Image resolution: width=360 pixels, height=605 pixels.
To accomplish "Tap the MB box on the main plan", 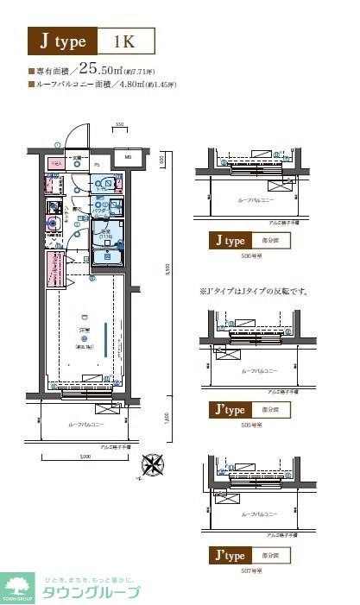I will point(127,157).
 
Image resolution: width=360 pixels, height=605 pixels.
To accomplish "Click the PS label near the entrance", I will point(97,162).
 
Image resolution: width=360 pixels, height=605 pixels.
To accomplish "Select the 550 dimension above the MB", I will point(120,126).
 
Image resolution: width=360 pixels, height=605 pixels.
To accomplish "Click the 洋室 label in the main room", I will point(85,331).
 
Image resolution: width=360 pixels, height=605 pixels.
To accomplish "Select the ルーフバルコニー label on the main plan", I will point(85,425).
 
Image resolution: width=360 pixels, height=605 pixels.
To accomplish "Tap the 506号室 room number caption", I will point(250,256).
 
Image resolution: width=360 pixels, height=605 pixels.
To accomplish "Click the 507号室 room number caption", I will point(250,570).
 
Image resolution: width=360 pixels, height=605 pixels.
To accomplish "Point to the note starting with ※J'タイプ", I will point(254,292).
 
